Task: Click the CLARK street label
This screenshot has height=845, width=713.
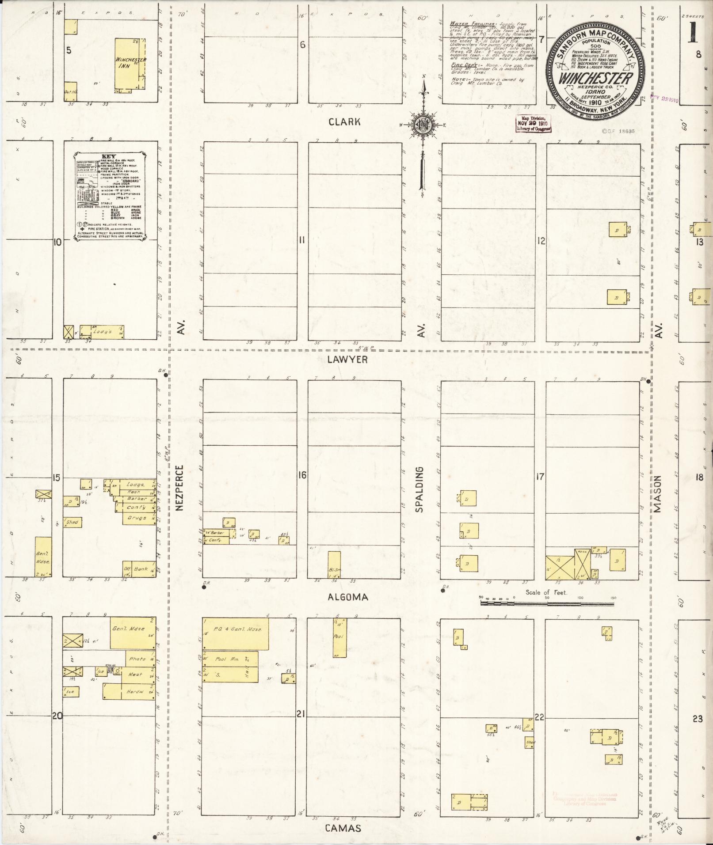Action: [x=344, y=122]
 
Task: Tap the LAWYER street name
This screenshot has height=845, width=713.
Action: [x=347, y=360]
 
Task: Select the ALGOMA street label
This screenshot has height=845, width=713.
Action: [x=348, y=597]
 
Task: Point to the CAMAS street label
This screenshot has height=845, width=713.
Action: [x=343, y=828]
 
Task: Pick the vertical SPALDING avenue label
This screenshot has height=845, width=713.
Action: [x=419, y=489]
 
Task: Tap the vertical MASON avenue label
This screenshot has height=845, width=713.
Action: [x=658, y=493]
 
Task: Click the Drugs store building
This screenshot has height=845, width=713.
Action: [x=139, y=518]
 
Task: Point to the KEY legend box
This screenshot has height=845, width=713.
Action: [x=110, y=196]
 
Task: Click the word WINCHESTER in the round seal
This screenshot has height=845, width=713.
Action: [x=595, y=78]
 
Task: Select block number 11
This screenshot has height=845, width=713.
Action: [x=302, y=240]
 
